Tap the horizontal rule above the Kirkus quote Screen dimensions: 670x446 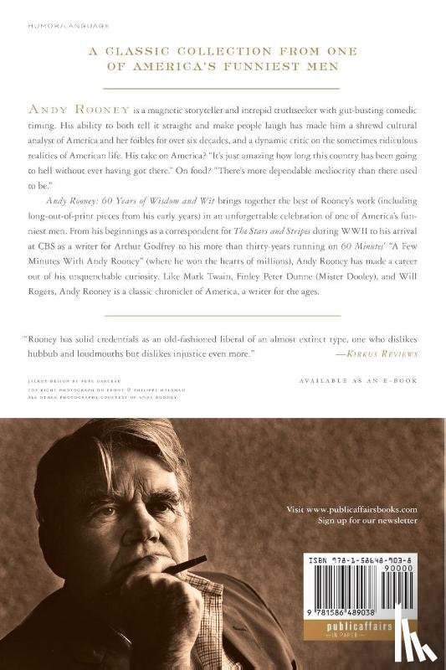[x=223, y=315]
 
